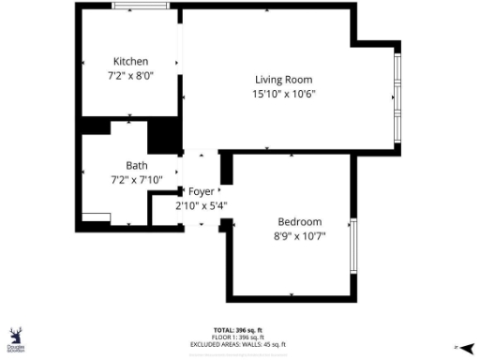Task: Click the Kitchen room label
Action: pyautogui.click(x=130, y=62)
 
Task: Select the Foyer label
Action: pyautogui.click(x=202, y=191)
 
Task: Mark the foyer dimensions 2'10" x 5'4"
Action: pyautogui.click(x=202, y=205)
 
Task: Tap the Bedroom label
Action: pyautogui.click(x=299, y=222)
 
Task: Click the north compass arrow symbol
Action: pyautogui.click(x=466, y=346)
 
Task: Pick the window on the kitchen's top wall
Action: pyautogui.click(x=141, y=7)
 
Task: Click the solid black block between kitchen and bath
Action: pyautogui.click(x=165, y=134)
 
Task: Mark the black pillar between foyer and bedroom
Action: pyautogui.click(x=226, y=169)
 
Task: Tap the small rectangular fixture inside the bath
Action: pyautogui.click(x=96, y=219)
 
